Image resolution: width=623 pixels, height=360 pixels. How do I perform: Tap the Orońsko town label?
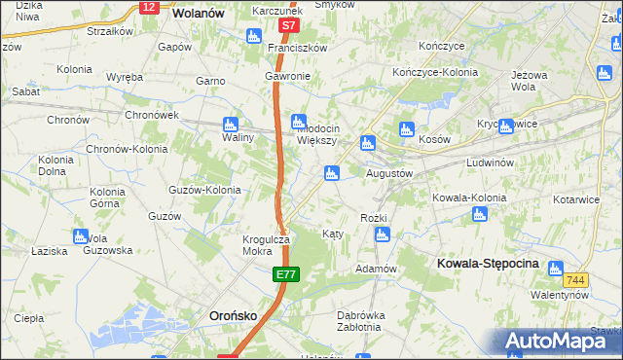pos(235,315)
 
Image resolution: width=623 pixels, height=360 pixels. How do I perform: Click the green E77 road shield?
pos(285,277)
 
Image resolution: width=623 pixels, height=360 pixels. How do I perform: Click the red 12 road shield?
pos(148,7)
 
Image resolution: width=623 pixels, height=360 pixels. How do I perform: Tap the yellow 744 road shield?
pos(576,279)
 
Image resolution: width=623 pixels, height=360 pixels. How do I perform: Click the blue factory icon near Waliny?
pos(231,124)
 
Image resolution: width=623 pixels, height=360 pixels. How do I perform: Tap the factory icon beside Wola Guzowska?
pos(80,236)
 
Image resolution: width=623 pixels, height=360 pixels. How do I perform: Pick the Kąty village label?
pos(332,234)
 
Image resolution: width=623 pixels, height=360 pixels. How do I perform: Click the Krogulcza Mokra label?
pos(263,245)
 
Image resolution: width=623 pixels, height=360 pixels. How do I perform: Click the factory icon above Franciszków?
pos(253,37)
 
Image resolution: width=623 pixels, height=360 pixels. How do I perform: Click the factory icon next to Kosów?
pos(407,128)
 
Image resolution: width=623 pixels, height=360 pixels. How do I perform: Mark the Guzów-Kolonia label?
pos(204,190)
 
